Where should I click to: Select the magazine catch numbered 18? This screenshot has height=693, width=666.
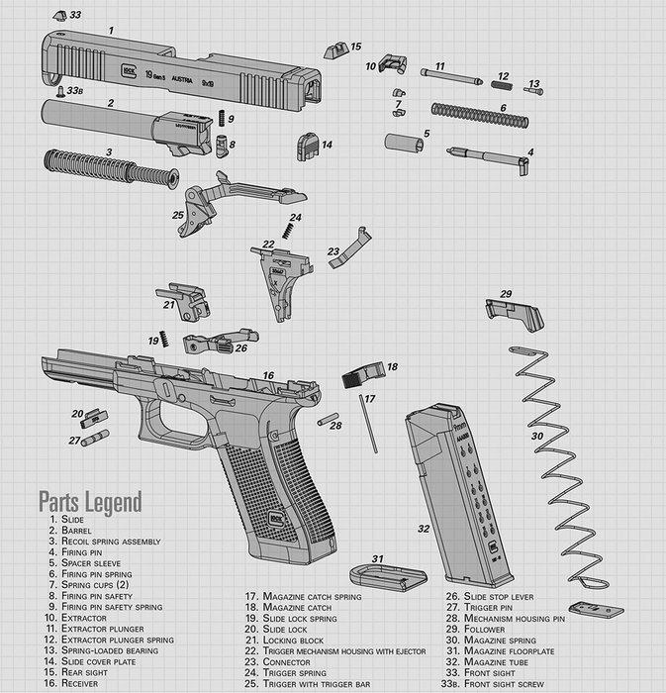click(362, 375)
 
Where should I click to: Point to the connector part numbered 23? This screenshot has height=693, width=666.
click(349, 249)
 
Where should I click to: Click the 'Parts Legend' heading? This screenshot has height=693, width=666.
click(90, 501)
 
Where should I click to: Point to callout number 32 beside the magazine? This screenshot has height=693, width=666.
click(424, 530)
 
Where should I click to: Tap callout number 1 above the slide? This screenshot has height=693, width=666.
click(110, 31)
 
